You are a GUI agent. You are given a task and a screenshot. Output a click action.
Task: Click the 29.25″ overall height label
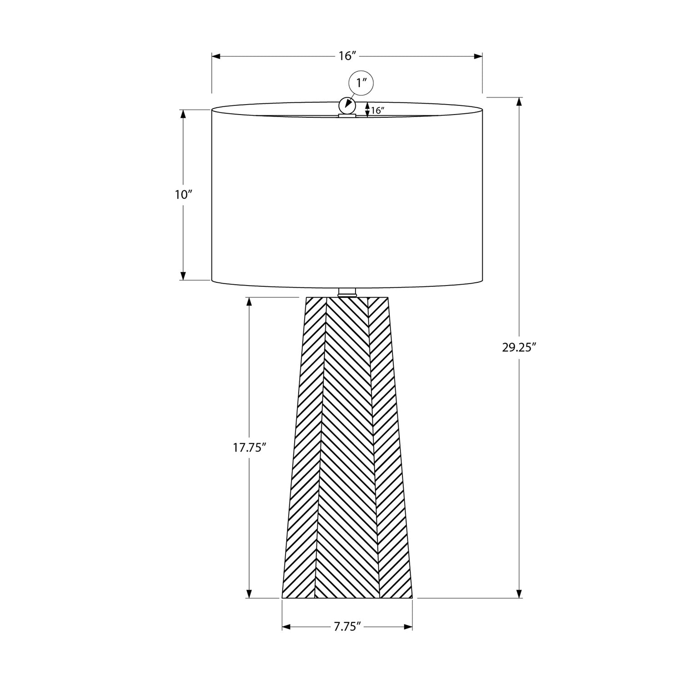519,348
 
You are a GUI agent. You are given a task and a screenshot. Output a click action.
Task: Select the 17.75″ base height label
249,447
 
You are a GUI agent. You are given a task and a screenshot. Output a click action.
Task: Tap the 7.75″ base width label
347,627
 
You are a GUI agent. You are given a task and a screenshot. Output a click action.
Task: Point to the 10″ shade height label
183,195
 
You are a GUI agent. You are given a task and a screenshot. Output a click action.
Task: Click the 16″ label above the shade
346,56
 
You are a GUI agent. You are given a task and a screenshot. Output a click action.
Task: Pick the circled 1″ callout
361,83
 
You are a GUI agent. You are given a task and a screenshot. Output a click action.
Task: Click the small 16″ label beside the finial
377,110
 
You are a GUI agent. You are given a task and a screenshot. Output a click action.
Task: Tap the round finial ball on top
347,106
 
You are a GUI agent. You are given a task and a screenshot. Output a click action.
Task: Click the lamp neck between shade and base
347,292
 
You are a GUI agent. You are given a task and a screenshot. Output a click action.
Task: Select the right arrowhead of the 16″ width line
478,56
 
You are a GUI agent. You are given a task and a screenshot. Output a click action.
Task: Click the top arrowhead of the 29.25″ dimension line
519,101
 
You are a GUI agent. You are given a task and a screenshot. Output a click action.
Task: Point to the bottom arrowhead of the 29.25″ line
519,594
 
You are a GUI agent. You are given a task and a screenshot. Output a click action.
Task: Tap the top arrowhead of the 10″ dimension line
183,114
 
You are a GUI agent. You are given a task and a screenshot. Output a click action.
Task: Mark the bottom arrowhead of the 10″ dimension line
183,276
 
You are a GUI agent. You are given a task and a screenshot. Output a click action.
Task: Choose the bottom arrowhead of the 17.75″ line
249,594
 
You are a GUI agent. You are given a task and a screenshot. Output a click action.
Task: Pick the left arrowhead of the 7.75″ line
286,627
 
